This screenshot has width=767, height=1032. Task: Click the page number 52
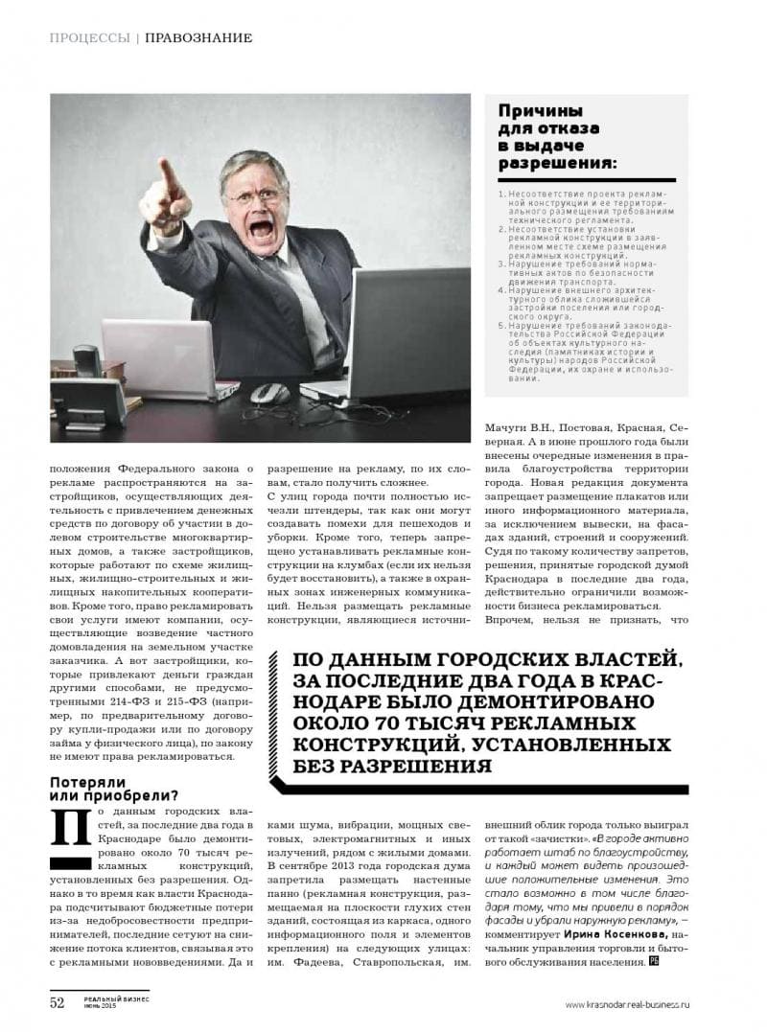click(57, 1002)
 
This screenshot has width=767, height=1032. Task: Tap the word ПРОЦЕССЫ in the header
click(89, 38)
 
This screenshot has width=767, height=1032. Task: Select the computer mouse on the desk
click(269, 393)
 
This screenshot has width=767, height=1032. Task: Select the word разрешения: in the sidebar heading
click(556, 162)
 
